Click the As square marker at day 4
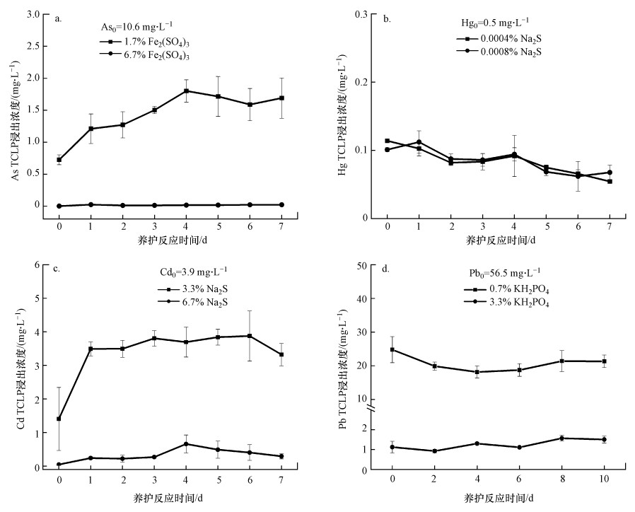point(187,91)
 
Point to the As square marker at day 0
point(59,160)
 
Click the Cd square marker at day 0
point(59,419)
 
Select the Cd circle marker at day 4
point(187,444)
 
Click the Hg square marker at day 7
point(610,181)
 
